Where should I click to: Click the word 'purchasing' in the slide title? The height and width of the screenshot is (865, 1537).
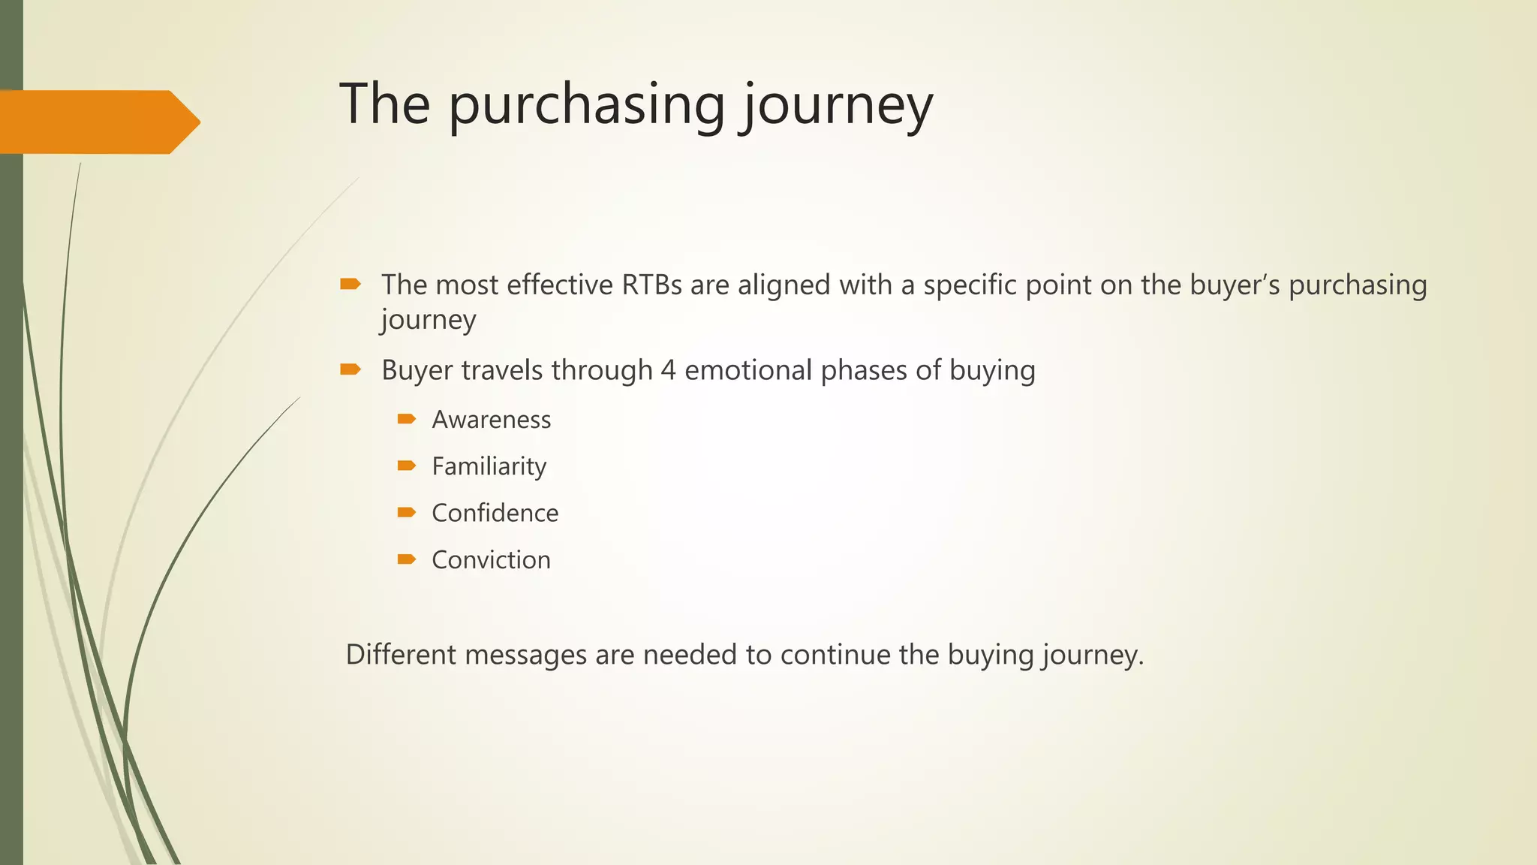coord(586,105)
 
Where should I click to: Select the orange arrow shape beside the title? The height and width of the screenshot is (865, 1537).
coord(98,122)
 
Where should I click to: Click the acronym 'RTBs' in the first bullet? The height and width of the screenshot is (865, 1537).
coord(651,285)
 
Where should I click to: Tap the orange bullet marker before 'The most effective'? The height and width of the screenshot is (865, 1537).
coord(350,284)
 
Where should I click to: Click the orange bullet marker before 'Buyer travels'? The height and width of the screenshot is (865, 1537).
coord(350,369)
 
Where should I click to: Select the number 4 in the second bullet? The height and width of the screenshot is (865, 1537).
coord(668,370)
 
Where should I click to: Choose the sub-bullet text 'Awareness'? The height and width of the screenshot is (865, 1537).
coord(491,420)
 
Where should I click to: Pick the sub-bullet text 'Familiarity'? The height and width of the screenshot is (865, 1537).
coord(489,466)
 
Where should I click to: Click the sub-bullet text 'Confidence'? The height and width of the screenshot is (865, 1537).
coord(495,513)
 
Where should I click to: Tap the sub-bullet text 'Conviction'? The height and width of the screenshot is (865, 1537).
coord(491,560)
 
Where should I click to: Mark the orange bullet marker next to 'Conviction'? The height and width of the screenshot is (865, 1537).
coord(406,559)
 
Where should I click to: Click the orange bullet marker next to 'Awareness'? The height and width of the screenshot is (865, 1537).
coord(406,418)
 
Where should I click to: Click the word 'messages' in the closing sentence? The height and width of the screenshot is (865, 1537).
coord(525,655)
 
